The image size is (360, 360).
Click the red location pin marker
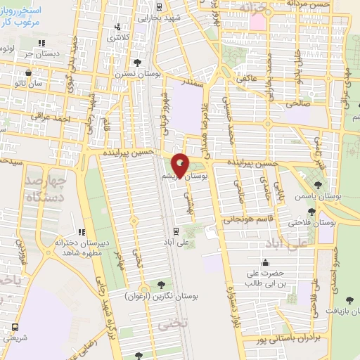[181, 165]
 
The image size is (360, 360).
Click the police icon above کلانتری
[118, 28]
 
